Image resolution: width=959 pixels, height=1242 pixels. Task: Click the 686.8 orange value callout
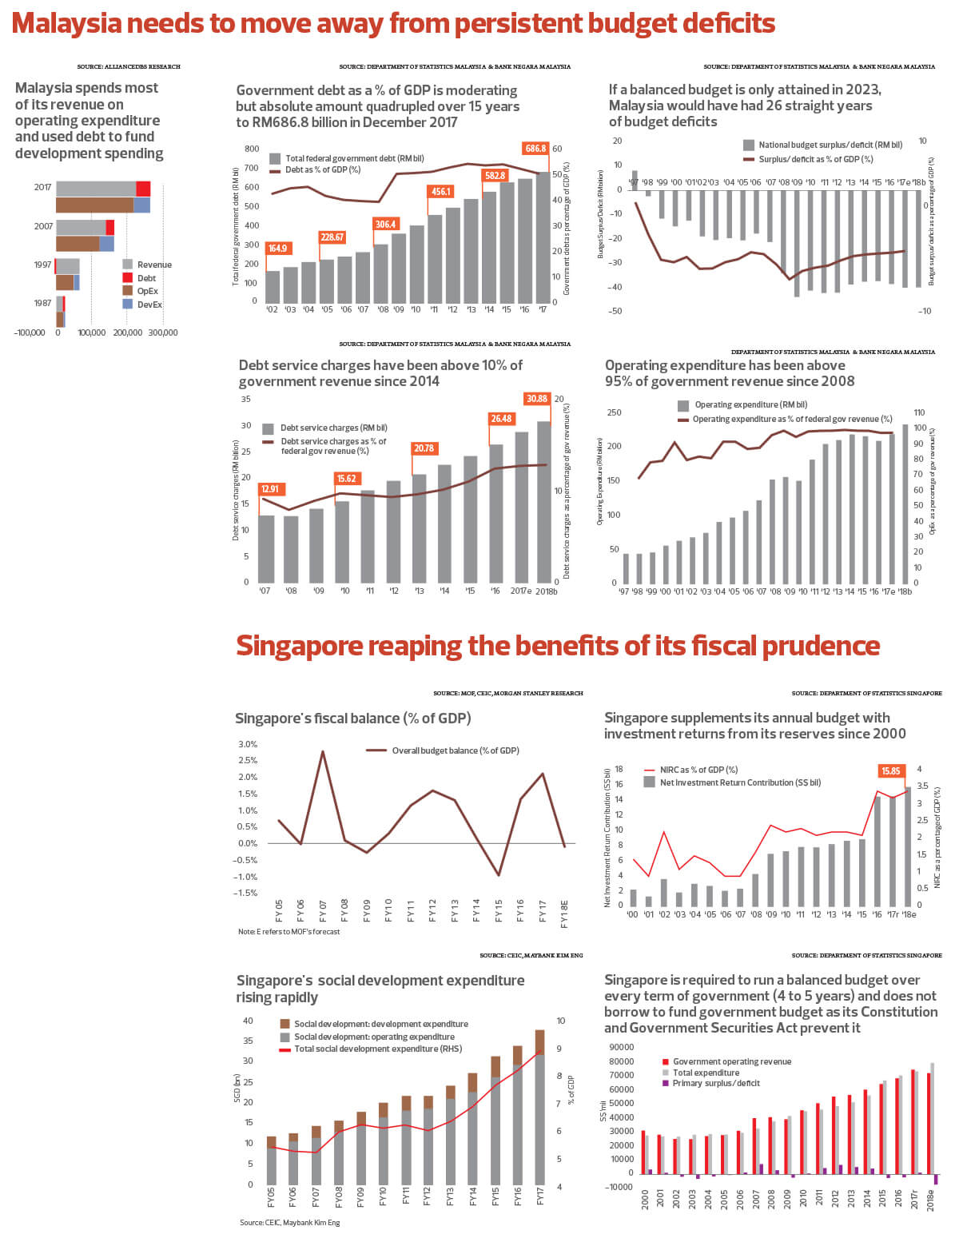535,149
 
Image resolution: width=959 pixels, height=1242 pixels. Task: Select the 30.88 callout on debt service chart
536,399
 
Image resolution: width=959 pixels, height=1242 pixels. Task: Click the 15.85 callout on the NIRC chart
890,771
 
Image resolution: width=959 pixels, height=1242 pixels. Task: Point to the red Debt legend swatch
127,278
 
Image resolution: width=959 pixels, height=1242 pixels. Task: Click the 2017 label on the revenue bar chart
42,188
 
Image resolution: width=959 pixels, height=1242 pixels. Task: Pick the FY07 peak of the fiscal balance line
323,751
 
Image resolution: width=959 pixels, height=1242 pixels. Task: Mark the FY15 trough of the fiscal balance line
499,875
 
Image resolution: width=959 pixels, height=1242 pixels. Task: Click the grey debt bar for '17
543,237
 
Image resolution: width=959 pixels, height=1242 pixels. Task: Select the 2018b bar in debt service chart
543,502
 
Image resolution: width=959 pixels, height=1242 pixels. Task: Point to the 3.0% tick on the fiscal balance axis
248,744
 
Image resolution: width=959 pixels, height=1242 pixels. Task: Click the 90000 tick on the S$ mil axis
620,1047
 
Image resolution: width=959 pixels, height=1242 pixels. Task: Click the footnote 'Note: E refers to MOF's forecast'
288,932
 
